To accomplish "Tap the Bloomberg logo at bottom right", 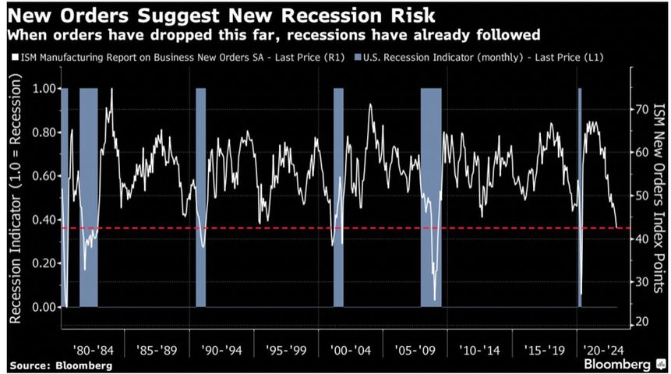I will [x=620, y=364].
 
